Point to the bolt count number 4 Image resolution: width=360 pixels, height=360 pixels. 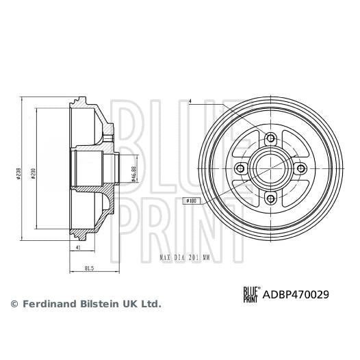(x=191, y=103)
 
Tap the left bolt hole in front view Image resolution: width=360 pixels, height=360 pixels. (x=240, y=169)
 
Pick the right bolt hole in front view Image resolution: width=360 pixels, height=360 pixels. (x=300, y=169)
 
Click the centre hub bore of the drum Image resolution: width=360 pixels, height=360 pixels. (x=270, y=169)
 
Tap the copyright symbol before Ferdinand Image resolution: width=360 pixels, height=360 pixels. (x=13, y=303)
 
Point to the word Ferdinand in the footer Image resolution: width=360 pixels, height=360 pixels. (x=50, y=303)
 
